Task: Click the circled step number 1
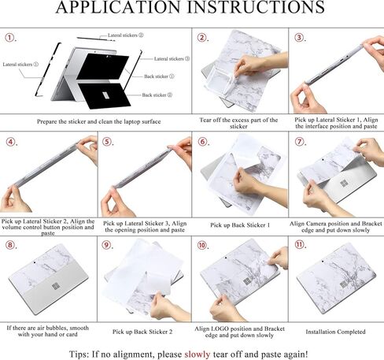click(9, 38)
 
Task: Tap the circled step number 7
click(299, 142)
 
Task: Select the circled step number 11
click(299, 245)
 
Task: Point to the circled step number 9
click(106, 245)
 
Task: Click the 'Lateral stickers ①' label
click(20, 65)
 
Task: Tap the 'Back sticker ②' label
click(157, 95)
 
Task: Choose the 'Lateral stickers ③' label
click(172, 59)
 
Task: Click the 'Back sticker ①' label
click(159, 76)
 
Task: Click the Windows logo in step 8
click(55, 286)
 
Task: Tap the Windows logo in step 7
click(344, 184)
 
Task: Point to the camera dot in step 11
click(323, 262)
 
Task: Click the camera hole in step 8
click(35, 262)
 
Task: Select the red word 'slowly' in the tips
click(198, 354)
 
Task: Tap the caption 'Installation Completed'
click(335, 332)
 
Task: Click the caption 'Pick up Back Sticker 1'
click(240, 225)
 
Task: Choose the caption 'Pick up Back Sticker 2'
click(142, 332)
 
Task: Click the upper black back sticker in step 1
click(103, 66)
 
